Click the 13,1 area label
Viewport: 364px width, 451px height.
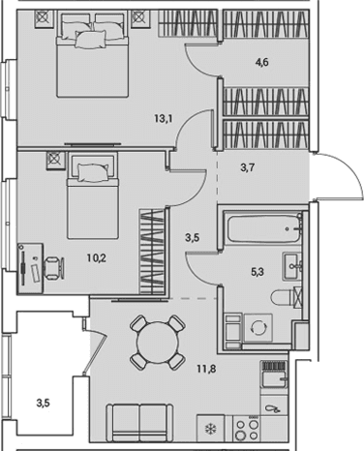tap(164, 119)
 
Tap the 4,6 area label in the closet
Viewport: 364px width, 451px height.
tap(262, 62)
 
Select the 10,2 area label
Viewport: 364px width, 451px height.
tap(97, 258)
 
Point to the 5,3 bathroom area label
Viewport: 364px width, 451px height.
tap(258, 272)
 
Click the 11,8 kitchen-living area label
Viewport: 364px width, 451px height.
tap(206, 369)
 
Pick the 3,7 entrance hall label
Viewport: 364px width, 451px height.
tap(248, 167)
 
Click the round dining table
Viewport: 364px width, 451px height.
tap(158, 343)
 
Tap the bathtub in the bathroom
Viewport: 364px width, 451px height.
tap(263, 228)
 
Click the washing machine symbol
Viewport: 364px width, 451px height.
tap(258, 328)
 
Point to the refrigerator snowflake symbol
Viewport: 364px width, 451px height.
tap(211, 429)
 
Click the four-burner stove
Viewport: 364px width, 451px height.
tap(248, 429)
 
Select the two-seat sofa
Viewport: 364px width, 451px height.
tap(139, 423)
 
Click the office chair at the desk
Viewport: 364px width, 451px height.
tap(53, 267)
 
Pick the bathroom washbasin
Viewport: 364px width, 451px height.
tap(292, 266)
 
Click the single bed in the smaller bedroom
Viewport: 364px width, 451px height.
tap(93, 196)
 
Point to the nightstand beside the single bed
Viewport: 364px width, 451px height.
tap(56, 160)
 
